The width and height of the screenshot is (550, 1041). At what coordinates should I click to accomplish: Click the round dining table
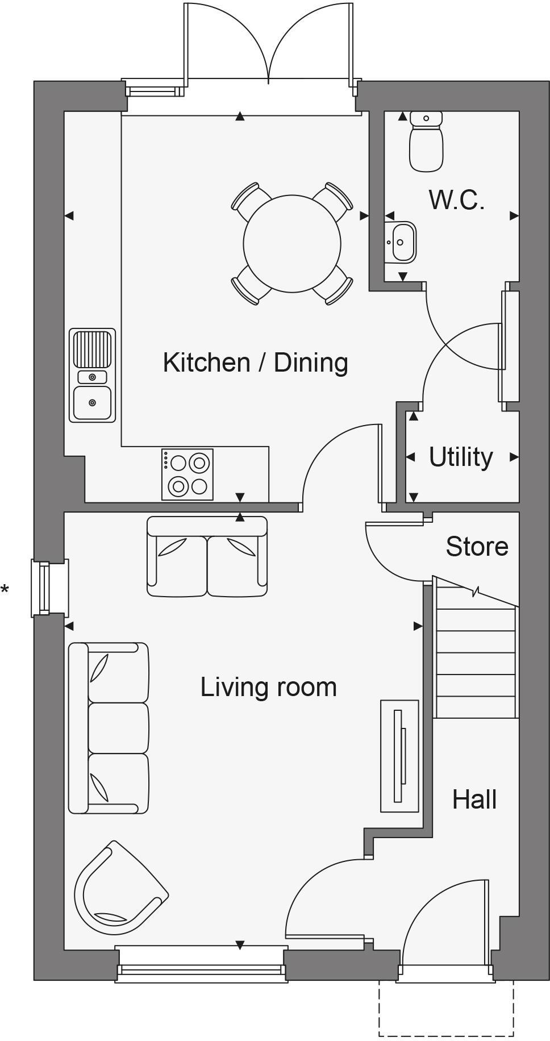pyautogui.click(x=292, y=243)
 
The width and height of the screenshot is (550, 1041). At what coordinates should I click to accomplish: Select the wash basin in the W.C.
pyautogui.click(x=401, y=242)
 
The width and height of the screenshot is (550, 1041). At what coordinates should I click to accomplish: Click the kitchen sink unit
pyautogui.click(x=92, y=376)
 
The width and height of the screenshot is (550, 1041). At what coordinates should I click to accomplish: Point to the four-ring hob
pyautogui.click(x=188, y=474)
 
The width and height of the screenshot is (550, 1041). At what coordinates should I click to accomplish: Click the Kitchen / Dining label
pyautogui.click(x=255, y=363)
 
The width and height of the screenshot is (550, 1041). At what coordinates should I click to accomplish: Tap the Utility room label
pyautogui.click(x=460, y=457)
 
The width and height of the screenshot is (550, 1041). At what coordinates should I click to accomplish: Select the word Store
pyautogui.click(x=477, y=547)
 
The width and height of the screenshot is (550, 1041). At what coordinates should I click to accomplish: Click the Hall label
pyautogui.click(x=474, y=800)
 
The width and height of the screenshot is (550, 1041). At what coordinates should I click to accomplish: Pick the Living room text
pyautogui.click(x=268, y=687)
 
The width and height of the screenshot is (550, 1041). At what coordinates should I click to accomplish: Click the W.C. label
pyautogui.click(x=456, y=200)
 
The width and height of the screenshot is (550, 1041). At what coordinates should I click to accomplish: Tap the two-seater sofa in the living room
pyautogui.click(x=207, y=557)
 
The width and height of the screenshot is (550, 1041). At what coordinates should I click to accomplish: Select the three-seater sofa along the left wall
pyautogui.click(x=109, y=728)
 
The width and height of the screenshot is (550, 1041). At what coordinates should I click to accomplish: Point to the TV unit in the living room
pyautogui.click(x=399, y=756)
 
